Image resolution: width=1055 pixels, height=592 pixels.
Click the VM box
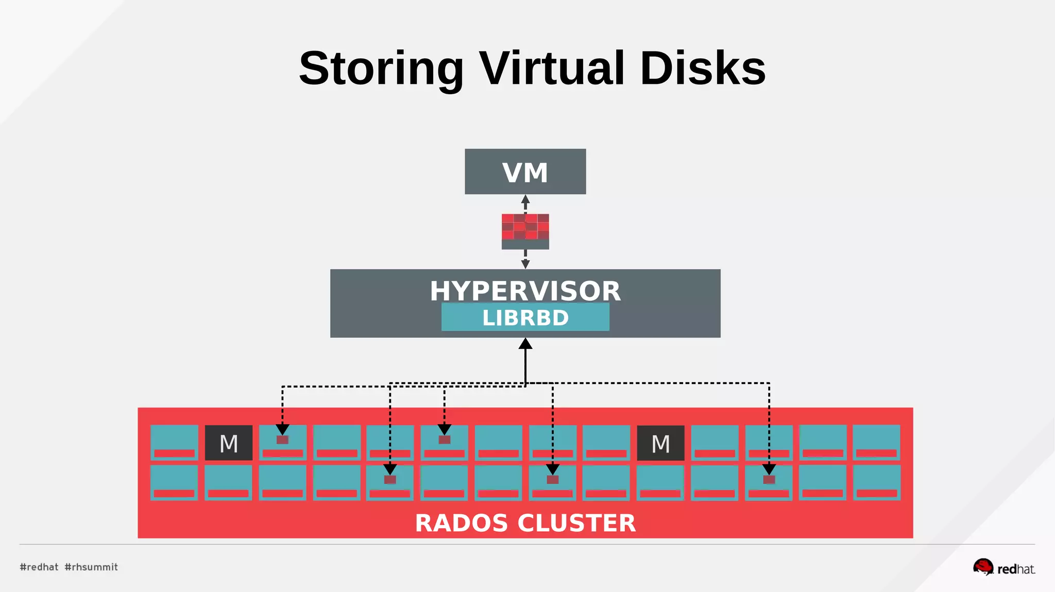pos(525,171)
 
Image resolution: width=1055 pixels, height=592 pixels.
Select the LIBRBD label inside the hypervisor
pos(525,317)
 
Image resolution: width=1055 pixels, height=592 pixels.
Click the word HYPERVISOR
pos(525,291)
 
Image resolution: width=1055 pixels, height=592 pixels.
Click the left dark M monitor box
pos(229,443)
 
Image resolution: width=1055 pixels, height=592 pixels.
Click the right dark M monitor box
pos(660,443)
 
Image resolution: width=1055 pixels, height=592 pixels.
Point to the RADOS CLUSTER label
pos(525,523)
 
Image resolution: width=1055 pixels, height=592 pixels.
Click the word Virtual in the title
pos(552,68)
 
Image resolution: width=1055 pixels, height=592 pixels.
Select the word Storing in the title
pos(381,68)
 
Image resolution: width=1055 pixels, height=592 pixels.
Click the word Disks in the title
pos(703,68)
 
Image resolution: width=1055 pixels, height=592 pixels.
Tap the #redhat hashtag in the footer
pos(39,567)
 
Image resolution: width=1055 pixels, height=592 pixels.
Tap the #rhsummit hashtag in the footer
pos(91,567)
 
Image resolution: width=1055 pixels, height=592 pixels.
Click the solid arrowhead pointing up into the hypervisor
pos(525,344)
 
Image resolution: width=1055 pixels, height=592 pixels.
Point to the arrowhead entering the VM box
pos(525,199)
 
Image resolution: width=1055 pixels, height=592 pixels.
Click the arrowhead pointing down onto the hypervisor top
pos(525,264)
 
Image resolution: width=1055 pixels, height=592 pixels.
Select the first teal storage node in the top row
pos(174,442)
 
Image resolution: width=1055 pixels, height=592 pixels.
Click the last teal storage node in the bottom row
pos(876,482)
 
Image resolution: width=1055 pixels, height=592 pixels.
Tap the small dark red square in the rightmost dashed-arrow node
pos(769,479)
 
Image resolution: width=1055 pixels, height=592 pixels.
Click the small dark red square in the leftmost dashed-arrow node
pos(282,440)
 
